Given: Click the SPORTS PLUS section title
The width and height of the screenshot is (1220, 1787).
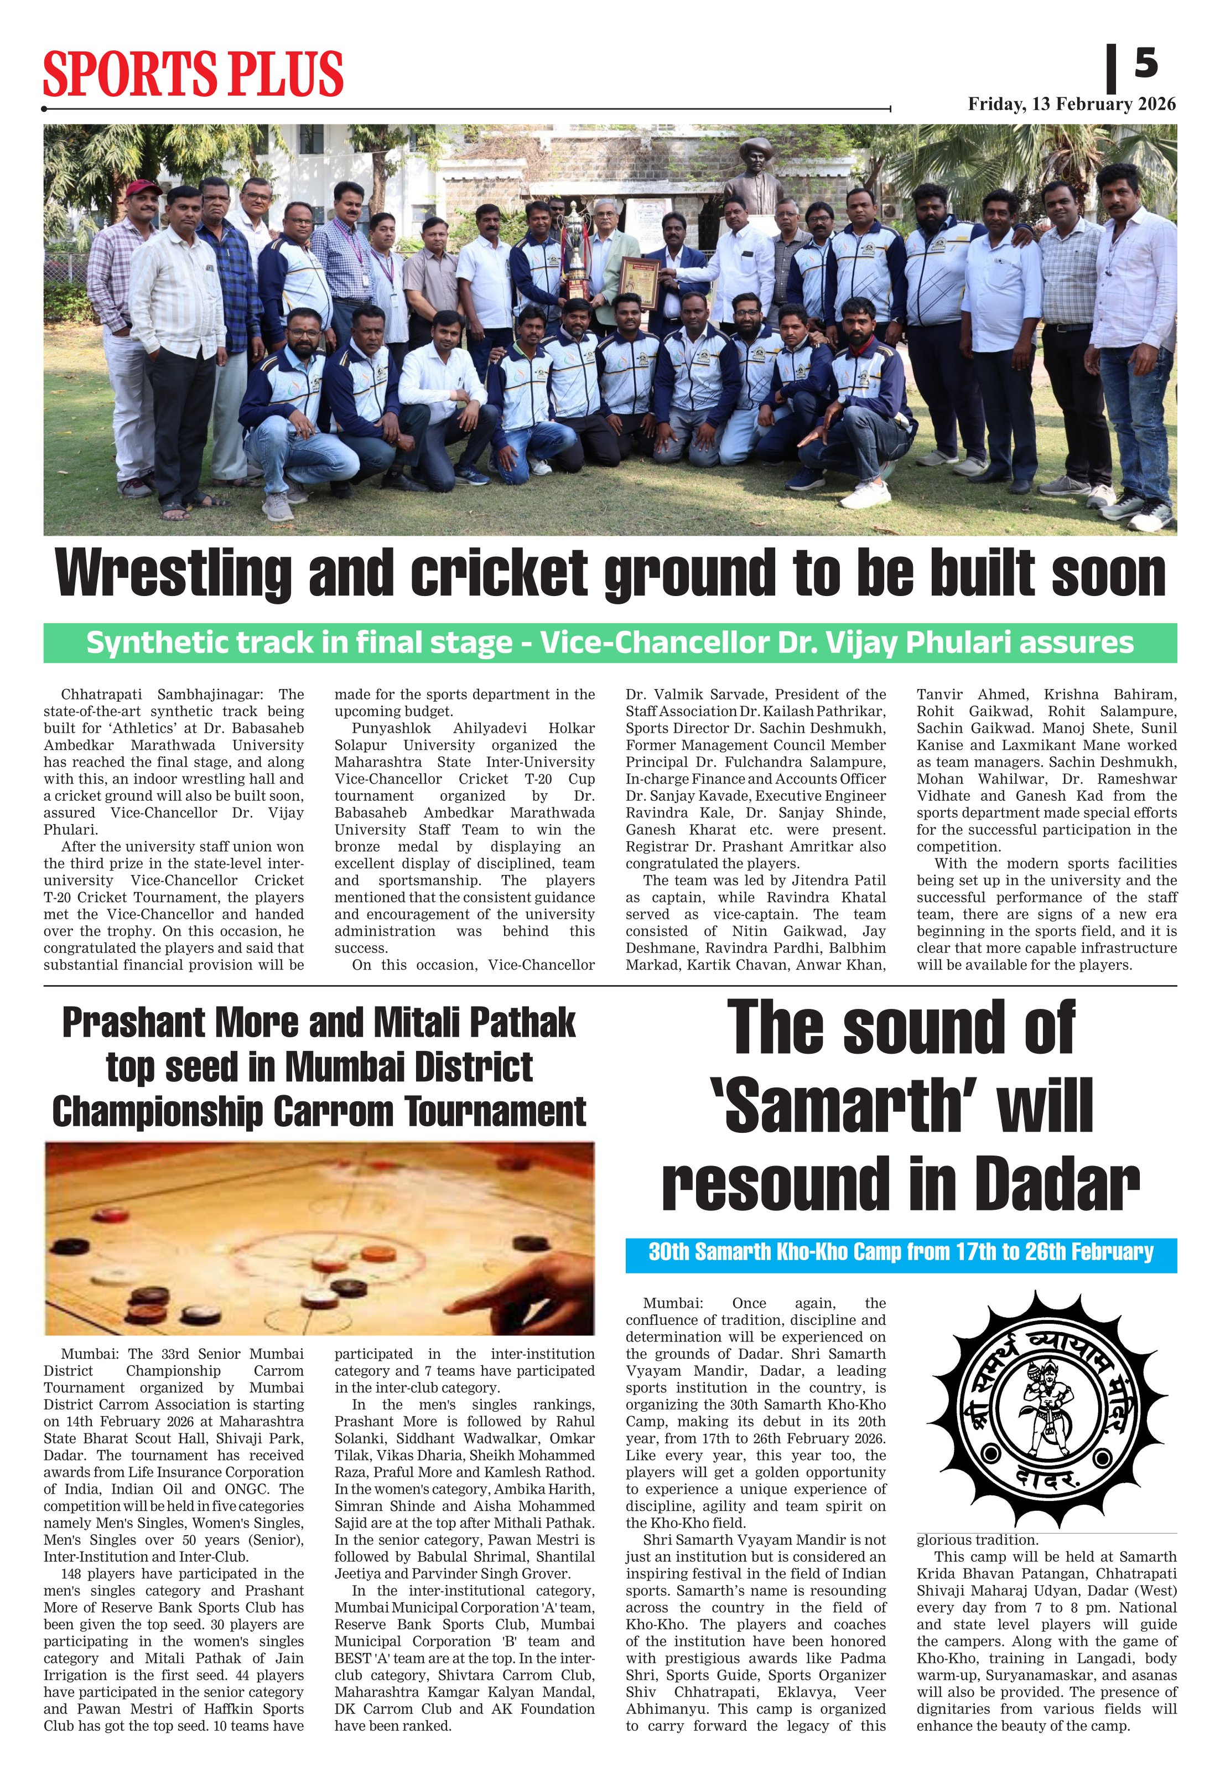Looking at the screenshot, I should point(192,73).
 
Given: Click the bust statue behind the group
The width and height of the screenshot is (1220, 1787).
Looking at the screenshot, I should point(754,173).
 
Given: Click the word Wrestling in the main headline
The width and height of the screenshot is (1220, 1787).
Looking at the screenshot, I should point(174,574).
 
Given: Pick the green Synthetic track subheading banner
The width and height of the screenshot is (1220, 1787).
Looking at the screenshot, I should point(610,643).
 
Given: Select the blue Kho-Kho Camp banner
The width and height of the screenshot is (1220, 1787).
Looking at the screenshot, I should point(900,1252).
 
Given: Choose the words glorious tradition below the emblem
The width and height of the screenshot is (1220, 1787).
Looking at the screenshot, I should point(977,1540).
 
